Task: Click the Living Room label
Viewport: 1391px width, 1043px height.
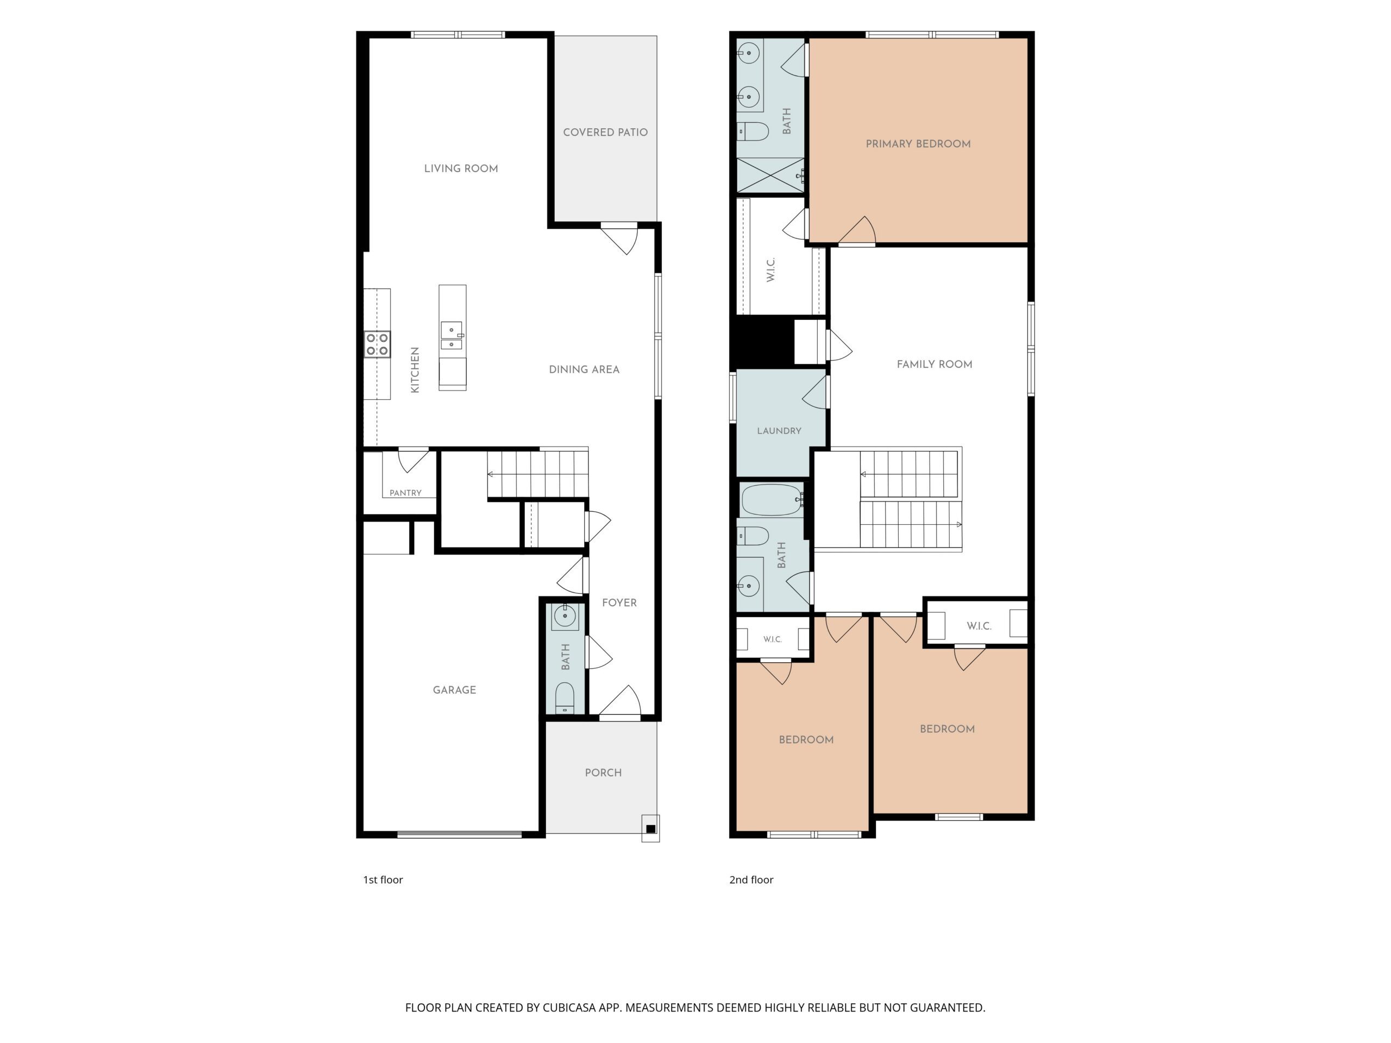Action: pyautogui.click(x=461, y=168)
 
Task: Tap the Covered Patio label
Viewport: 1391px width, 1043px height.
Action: pyautogui.click(x=605, y=132)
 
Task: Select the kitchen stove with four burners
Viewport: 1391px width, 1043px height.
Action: pyautogui.click(x=377, y=344)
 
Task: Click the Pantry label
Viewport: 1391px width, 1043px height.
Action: pyautogui.click(x=405, y=493)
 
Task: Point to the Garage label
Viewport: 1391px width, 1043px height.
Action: pyautogui.click(x=454, y=690)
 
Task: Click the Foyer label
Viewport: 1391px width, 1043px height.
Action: pyautogui.click(x=619, y=602)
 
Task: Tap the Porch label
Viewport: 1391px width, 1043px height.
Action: pyautogui.click(x=603, y=772)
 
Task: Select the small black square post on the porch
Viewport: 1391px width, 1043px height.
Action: pyautogui.click(x=651, y=828)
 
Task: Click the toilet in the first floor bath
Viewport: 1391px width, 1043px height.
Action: pyautogui.click(x=565, y=698)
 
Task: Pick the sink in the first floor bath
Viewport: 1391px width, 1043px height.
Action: pyautogui.click(x=565, y=616)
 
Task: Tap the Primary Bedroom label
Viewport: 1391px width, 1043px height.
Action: pyautogui.click(x=918, y=143)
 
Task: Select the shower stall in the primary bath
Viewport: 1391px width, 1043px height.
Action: pyautogui.click(x=770, y=175)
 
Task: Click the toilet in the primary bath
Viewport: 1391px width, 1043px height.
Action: pyautogui.click(x=753, y=131)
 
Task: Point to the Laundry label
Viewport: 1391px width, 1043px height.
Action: pyautogui.click(x=779, y=431)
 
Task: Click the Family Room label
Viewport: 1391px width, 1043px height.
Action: pyautogui.click(x=935, y=364)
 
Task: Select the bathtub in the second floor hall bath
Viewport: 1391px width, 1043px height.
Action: pyautogui.click(x=772, y=500)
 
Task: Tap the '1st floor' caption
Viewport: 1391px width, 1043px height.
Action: pyautogui.click(x=383, y=879)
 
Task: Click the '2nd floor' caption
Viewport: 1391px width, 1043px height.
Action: pyautogui.click(x=751, y=879)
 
